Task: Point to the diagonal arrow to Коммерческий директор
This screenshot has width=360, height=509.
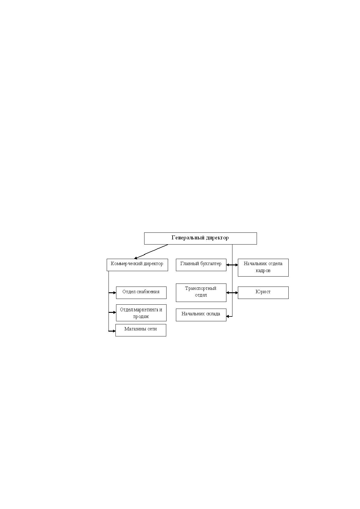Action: (x=151, y=251)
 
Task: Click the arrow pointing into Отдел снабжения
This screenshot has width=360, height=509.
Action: (x=112, y=293)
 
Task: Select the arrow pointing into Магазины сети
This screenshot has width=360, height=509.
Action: (x=112, y=331)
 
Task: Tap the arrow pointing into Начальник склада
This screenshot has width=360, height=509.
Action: (x=229, y=316)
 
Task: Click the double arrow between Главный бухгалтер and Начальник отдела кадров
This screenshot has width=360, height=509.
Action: (x=232, y=265)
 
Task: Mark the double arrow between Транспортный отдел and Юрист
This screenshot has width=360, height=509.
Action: (x=232, y=293)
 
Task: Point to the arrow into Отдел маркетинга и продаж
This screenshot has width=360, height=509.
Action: (x=112, y=313)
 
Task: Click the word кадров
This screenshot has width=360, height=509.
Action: (x=263, y=271)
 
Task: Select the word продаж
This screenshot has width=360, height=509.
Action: (x=141, y=316)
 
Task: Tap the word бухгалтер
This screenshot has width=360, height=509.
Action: (x=211, y=264)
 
